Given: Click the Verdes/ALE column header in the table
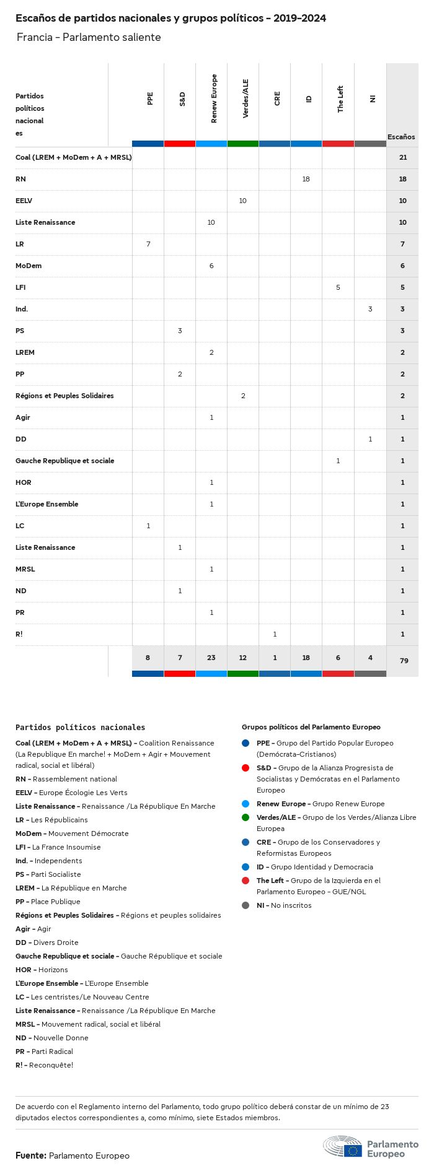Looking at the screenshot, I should (x=246, y=99).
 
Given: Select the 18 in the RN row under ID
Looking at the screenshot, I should (x=306, y=179).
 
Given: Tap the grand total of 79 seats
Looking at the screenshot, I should (x=404, y=661).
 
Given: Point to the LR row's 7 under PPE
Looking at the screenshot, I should (x=148, y=244).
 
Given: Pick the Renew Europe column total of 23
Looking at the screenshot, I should (x=211, y=658).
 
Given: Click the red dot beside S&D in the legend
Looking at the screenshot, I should (x=246, y=768).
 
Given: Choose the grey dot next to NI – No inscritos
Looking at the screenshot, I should (x=246, y=905).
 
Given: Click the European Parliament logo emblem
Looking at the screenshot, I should (x=343, y=1147).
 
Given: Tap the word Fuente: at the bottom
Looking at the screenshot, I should (x=30, y=1156).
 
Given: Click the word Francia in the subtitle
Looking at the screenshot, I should (x=34, y=37).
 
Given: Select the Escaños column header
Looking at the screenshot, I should (x=401, y=137).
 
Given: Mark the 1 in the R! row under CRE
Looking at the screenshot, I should (x=275, y=634).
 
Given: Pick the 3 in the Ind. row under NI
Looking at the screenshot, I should (x=370, y=309).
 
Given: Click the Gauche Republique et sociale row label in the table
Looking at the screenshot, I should (x=64, y=461).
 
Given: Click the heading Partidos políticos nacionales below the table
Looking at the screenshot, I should (x=80, y=728).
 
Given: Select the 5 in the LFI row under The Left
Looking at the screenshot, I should (x=338, y=287).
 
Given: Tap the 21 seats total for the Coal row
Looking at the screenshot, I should (x=403, y=157).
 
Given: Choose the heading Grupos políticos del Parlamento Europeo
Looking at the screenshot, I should (x=311, y=727).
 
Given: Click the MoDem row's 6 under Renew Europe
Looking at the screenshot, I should (x=211, y=266).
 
